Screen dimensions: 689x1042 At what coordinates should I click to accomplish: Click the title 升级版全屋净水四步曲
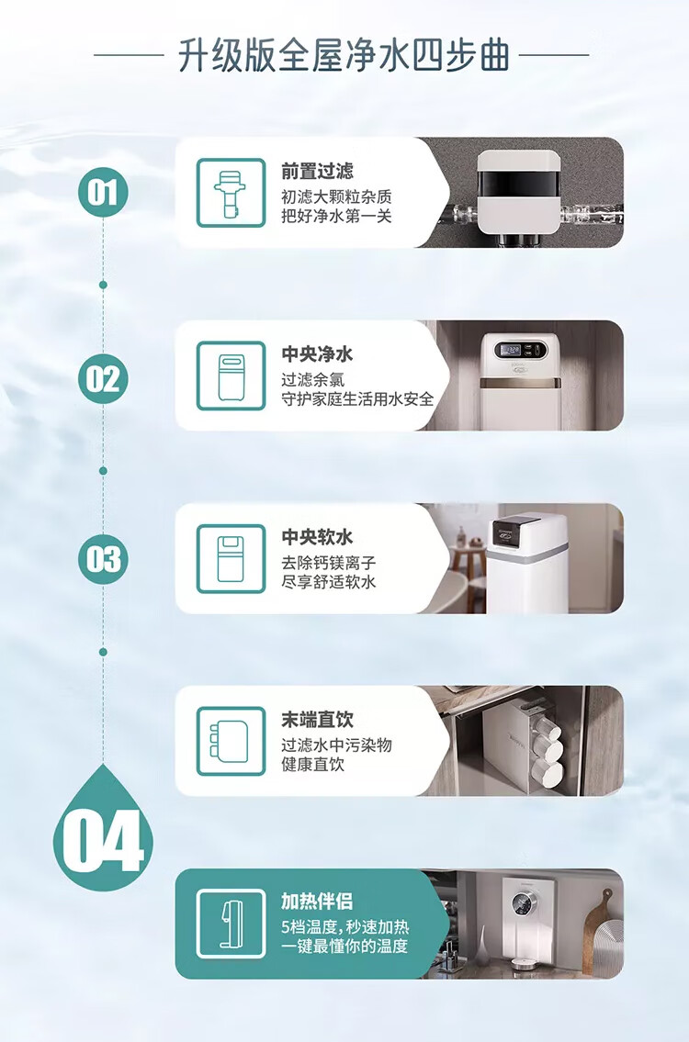(344, 55)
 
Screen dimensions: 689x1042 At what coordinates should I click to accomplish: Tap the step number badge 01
(103, 193)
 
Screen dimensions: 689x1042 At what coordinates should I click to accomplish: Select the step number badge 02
(103, 378)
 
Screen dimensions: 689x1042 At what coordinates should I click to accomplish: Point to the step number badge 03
(103, 559)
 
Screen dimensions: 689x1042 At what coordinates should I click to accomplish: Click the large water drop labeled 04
(103, 832)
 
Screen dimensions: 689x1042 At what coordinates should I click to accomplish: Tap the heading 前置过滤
(317, 172)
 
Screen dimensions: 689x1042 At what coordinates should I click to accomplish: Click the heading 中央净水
(317, 354)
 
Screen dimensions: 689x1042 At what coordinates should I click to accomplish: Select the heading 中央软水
(317, 537)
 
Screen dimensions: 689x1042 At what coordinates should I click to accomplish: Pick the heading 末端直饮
(317, 720)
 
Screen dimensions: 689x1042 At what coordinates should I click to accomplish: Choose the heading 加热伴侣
(317, 902)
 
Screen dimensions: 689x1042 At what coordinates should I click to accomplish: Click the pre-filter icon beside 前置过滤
(231, 193)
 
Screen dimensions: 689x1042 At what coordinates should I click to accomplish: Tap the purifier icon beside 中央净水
(231, 376)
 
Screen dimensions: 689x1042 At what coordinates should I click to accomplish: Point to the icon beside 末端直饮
(231, 741)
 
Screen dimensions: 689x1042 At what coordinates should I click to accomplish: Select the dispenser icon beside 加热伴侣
(231, 924)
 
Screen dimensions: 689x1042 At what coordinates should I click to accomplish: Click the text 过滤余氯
(312, 380)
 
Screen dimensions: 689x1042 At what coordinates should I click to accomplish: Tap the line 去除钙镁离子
(329, 563)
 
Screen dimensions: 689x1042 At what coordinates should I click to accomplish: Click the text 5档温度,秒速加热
(344, 927)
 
